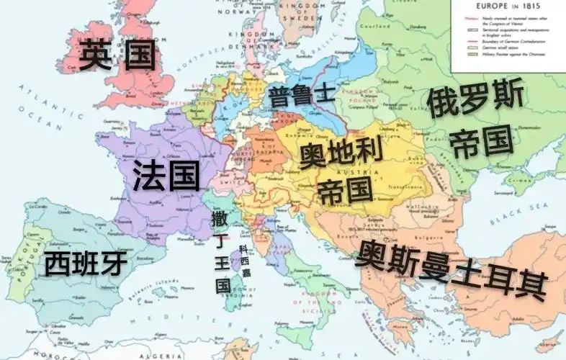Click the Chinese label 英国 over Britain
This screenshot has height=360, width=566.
click(x=117, y=55)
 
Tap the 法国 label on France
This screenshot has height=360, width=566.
click(x=166, y=176)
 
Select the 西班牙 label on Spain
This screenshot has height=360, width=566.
click(x=85, y=264)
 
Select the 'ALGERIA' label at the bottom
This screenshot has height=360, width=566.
click(x=168, y=354)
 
